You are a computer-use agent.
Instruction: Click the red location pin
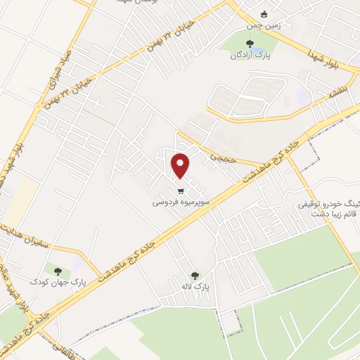coord(181,165)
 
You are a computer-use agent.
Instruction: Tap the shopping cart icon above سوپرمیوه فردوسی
coord(181,191)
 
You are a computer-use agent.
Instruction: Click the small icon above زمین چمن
coord(264,14)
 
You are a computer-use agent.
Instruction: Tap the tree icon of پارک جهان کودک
coord(58,271)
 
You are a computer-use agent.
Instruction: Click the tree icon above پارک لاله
coord(195,275)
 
